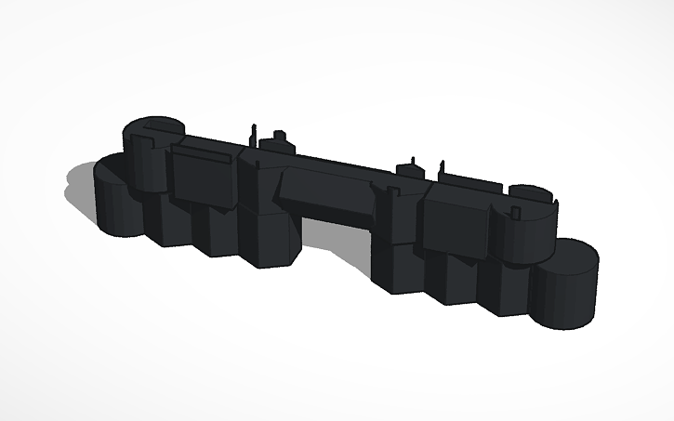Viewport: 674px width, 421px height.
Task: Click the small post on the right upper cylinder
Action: (556, 198)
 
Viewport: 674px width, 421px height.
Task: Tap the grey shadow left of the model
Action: (79, 191)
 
